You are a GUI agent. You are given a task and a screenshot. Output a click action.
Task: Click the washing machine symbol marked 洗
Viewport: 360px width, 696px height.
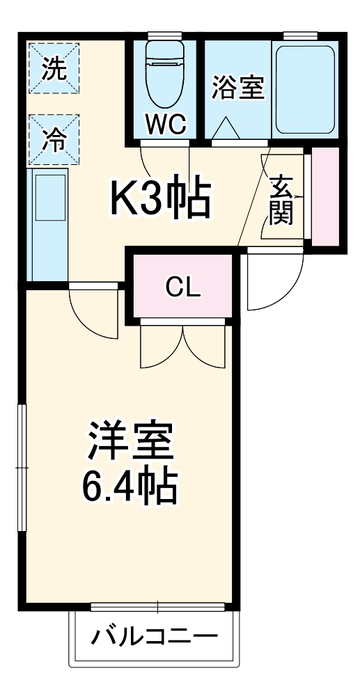(x=54, y=69)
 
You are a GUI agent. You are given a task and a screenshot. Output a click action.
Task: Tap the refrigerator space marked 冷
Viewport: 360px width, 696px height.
(x=54, y=139)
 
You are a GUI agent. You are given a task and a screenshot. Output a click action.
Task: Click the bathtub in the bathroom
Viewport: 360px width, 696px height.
(x=304, y=89)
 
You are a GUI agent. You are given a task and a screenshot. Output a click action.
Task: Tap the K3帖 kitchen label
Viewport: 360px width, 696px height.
(x=160, y=198)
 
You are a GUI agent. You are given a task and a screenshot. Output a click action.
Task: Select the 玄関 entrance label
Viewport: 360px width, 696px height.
(x=281, y=201)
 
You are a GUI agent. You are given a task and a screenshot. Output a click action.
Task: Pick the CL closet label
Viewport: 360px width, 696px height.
(x=183, y=287)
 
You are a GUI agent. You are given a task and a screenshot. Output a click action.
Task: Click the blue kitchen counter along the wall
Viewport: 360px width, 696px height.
(x=47, y=223)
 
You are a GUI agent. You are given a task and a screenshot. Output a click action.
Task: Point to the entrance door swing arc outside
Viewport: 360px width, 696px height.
(x=276, y=282)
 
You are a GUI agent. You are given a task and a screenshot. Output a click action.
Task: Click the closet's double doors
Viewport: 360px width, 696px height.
(x=182, y=345)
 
